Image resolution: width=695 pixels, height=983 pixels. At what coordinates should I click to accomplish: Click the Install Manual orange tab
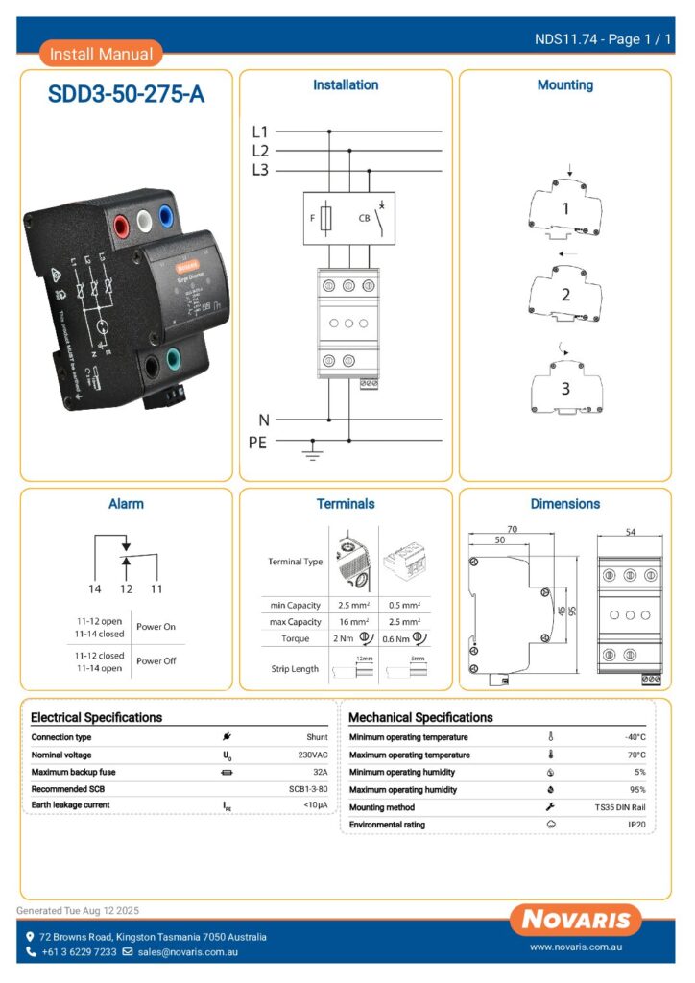click(101, 54)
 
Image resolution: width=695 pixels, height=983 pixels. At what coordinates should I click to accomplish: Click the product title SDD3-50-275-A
click(126, 95)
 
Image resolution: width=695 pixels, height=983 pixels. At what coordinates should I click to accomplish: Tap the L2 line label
click(260, 151)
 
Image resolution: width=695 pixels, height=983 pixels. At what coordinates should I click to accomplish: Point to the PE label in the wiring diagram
click(257, 443)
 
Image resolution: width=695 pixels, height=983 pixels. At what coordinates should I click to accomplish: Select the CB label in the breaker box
click(365, 217)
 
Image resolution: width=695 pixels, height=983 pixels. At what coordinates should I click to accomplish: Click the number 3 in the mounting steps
click(565, 389)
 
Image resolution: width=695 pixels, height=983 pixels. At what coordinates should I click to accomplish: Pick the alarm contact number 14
click(94, 587)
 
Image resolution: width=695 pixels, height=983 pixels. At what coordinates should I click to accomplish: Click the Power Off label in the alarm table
click(156, 660)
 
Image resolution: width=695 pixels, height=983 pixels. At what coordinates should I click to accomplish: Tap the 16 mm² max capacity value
click(353, 622)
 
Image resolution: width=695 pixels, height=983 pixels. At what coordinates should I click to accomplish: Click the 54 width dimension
click(630, 531)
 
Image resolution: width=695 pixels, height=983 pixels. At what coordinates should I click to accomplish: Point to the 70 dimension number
click(512, 528)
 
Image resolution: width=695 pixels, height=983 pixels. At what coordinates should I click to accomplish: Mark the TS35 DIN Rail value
click(620, 807)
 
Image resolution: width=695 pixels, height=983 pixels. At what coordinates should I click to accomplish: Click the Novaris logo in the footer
click(577, 920)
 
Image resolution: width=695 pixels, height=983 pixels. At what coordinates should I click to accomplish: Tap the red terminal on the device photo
click(124, 227)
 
